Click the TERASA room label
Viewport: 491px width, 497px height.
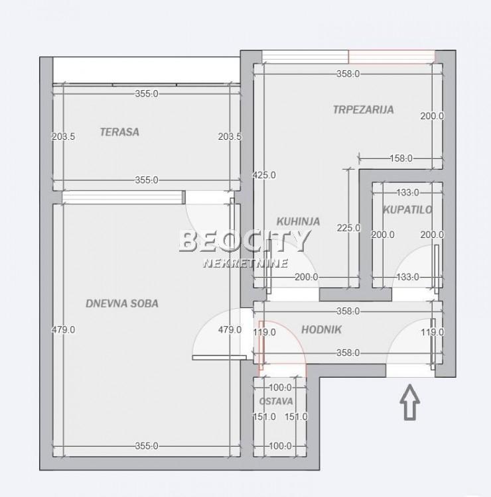tap(119, 132)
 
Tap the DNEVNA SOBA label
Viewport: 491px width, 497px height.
tap(122, 304)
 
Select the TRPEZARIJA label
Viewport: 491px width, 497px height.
tap(364, 109)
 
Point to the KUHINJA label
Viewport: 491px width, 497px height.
tap(298, 221)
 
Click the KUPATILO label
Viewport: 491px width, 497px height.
tap(407, 210)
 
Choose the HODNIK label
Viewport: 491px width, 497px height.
tap(321, 329)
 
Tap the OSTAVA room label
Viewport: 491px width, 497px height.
tap(276, 402)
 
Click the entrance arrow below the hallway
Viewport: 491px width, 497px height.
tap(410, 402)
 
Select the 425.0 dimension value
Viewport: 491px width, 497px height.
tap(264, 175)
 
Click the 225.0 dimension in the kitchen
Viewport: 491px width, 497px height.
tap(349, 228)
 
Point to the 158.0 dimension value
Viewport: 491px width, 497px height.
tap(401, 158)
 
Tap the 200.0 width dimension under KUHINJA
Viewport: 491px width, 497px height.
tap(307, 277)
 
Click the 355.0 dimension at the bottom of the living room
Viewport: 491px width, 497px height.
tap(147, 446)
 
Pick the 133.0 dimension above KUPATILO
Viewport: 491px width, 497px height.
tap(408, 192)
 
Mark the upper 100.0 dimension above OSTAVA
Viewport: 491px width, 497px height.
tap(280, 388)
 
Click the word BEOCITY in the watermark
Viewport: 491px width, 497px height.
tap(245, 241)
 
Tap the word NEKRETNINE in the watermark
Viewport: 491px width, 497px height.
tap(245, 263)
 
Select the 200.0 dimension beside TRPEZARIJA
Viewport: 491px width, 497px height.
tap(433, 116)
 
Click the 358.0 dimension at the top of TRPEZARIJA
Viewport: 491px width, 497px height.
tap(348, 74)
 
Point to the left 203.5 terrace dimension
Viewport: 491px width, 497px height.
tap(64, 137)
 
